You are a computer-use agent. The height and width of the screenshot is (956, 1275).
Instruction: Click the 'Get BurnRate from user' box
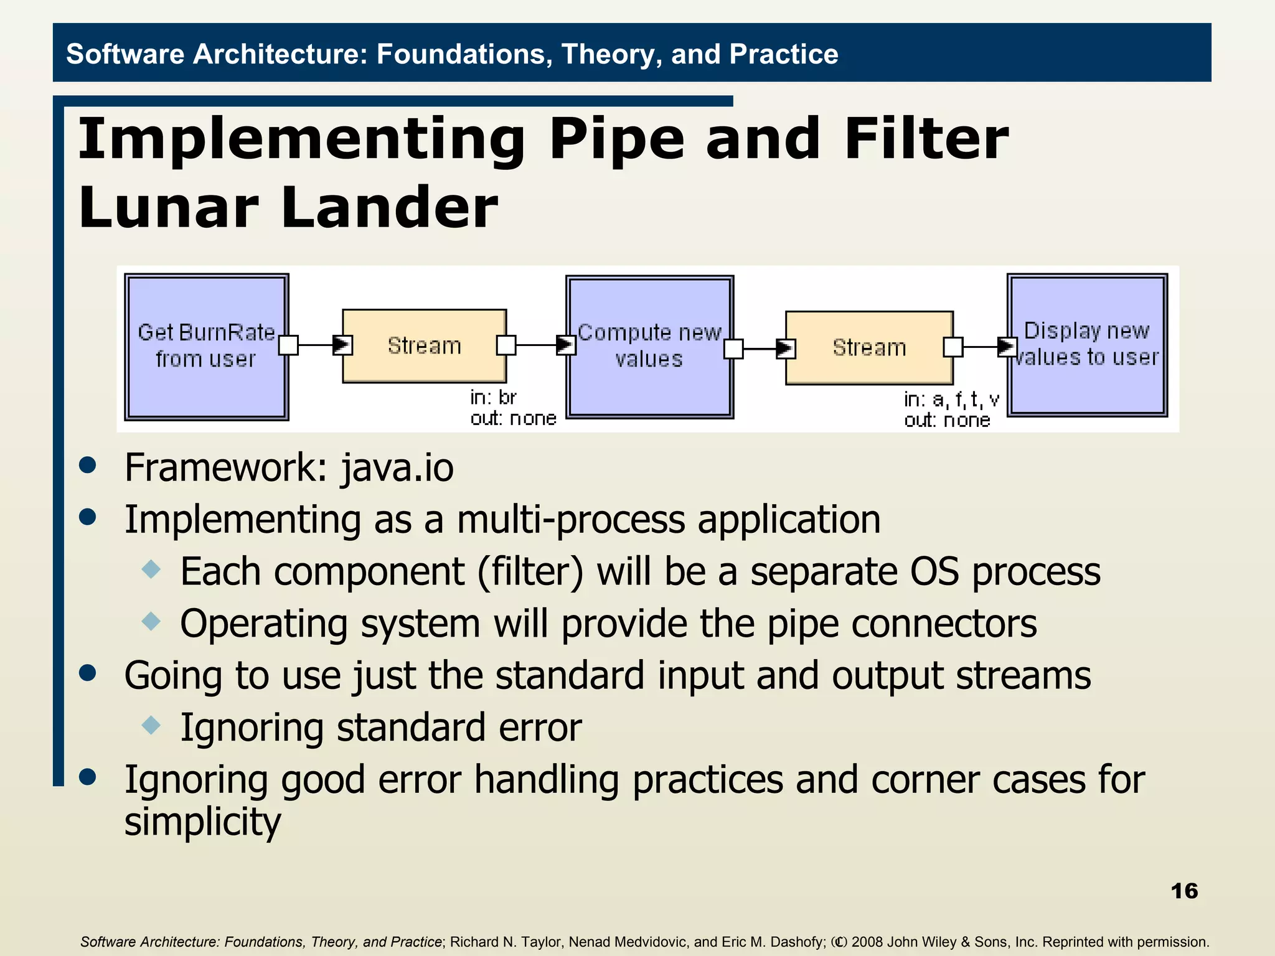click(x=206, y=346)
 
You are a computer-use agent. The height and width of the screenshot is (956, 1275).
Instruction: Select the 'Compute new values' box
click(x=649, y=346)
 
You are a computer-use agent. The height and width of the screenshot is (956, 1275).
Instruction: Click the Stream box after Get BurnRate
click(x=424, y=345)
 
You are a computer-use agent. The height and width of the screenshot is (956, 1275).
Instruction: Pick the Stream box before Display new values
click(x=869, y=347)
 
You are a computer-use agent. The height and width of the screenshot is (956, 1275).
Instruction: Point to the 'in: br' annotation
click(x=493, y=397)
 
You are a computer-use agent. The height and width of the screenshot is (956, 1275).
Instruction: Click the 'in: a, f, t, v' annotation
click(x=951, y=399)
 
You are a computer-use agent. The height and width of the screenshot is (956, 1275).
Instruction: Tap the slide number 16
click(x=1183, y=891)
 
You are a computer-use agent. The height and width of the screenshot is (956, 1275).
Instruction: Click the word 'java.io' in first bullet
click(x=397, y=467)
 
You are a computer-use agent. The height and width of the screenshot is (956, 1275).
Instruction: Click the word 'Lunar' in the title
click(x=169, y=207)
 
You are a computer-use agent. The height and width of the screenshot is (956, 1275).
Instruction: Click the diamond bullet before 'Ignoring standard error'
click(x=151, y=725)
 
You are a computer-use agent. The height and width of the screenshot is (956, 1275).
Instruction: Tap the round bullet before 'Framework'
click(x=88, y=466)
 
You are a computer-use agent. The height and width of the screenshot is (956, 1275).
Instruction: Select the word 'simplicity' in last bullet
click(x=202, y=822)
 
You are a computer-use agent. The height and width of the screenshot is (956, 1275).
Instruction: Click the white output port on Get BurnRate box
click(x=288, y=345)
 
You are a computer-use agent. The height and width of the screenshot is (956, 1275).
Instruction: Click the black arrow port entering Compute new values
click(x=565, y=345)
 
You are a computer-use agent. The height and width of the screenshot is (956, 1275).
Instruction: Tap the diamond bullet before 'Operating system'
click(x=151, y=621)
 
